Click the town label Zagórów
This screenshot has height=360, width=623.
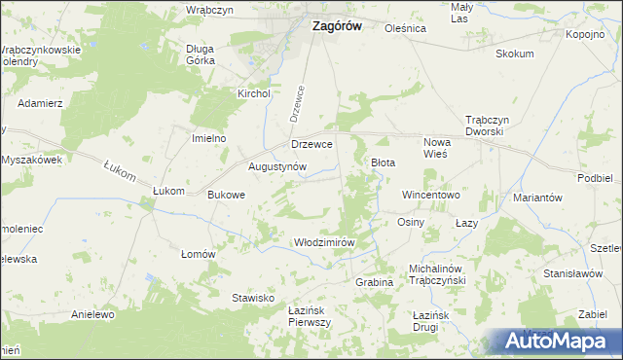point(336,27)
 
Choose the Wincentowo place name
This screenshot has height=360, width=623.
point(430,195)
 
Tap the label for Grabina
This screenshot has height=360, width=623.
point(374,281)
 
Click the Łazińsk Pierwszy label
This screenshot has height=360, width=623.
point(311,315)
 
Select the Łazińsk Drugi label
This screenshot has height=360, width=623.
point(435,315)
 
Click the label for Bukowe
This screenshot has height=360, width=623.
point(227,195)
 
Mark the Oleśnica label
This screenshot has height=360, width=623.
point(406,28)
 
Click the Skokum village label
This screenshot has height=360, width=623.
point(515,54)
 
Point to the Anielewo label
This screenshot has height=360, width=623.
point(93,314)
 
